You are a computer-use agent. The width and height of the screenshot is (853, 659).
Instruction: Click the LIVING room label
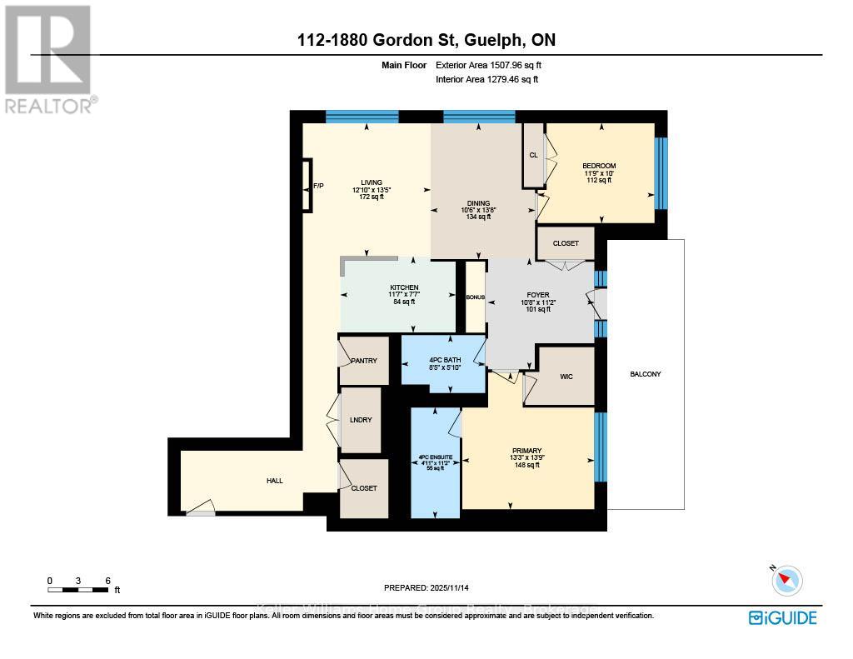click(x=372, y=182)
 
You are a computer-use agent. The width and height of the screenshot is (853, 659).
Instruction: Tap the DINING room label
click(x=478, y=202)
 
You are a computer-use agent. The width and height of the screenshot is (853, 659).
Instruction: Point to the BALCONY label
click(x=646, y=374)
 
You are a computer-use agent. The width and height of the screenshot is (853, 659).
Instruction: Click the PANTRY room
click(x=364, y=361)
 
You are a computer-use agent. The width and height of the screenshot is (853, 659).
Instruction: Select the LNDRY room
click(x=361, y=420)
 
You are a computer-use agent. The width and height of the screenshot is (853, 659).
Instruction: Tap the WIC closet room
click(x=566, y=377)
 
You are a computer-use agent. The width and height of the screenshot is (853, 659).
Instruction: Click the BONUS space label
click(x=475, y=297)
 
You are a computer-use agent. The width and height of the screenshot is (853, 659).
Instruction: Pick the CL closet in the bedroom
click(x=533, y=155)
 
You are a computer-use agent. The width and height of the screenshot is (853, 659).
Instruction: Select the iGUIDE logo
click(x=782, y=617)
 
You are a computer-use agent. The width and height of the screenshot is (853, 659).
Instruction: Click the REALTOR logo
click(x=48, y=58)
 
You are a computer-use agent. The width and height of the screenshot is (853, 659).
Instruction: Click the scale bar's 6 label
click(x=107, y=581)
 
